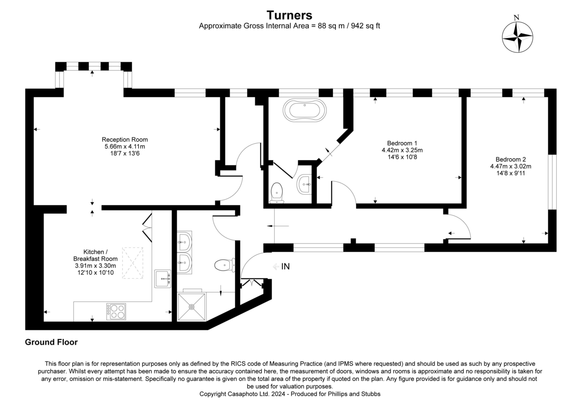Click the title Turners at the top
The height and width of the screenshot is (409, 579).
click(x=289, y=15)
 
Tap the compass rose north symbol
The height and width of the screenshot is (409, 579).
click(x=517, y=37)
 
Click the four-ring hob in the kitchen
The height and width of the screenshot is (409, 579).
click(x=116, y=311)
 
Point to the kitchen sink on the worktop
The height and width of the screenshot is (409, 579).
click(x=163, y=278)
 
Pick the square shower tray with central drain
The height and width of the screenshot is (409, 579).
click(x=192, y=306)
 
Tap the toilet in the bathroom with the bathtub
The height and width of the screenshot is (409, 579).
click(x=277, y=191)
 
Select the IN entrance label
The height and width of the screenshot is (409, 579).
click(x=286, y=266)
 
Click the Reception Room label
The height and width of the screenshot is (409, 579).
click(x=125, y=140)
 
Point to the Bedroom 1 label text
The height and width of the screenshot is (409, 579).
click(x=402, y=143)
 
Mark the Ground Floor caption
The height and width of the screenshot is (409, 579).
click(x=51, y=342)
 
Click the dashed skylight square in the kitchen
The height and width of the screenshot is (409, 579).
click(x=133, y=263)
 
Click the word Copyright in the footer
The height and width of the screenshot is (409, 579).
click(x=215, y=394)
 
